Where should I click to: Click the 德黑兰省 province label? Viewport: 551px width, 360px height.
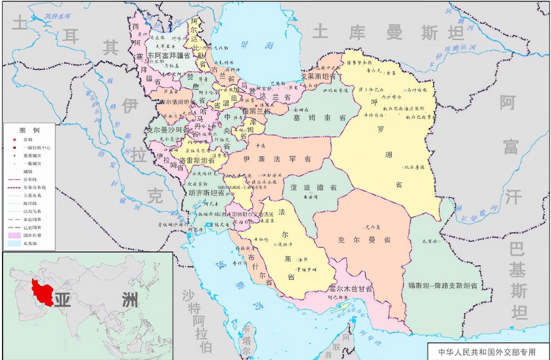pyautogui.click(x=256, y=111)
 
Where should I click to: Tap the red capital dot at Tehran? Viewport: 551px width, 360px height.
pyautogui.click(x=256, y=105)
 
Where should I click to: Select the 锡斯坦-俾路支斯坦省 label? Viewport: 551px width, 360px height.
pyautogui.click(x=443, y=285)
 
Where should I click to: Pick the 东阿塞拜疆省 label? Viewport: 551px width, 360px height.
pyautogui.click(x=169, y=56)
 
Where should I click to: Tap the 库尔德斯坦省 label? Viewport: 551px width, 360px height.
pyautogui.click(x=175, y=102)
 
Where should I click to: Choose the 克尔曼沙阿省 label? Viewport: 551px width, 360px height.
pyautogui.click(x=168, y=130)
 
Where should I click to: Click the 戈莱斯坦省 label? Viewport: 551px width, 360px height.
pyautogui.click(x=318, y=76)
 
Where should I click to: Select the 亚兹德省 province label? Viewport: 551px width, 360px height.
pyautogui.click(x=313, y=188)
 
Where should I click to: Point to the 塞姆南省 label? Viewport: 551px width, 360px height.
pyautogui.click(x=319, y=117)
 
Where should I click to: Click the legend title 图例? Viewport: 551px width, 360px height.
pyautogui.click(x=30, y=130)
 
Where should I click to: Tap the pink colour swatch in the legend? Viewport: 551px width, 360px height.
pyautogui.click(x=14, y=235)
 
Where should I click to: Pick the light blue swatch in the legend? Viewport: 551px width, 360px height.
pyautogui.click(x=14, y=243)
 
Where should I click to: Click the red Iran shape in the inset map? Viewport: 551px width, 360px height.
pyautogui.click(x=42, y=293)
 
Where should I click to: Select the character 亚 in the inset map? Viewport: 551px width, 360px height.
pyautogui.click(x=63, y=300)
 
